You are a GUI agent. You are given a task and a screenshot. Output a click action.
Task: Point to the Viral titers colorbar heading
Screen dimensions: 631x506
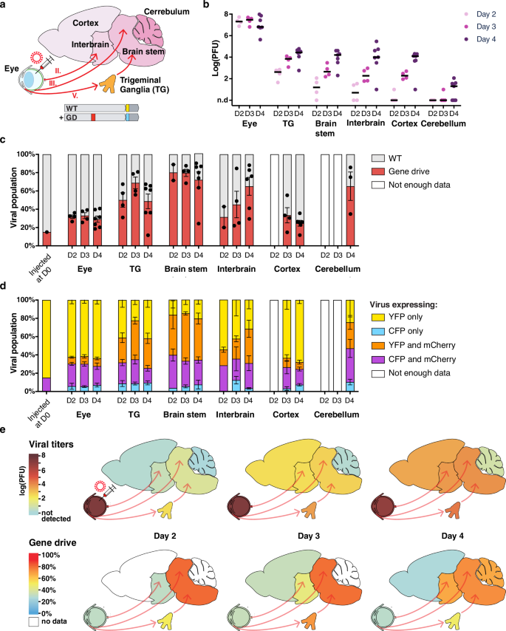(x=34, y=436)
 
